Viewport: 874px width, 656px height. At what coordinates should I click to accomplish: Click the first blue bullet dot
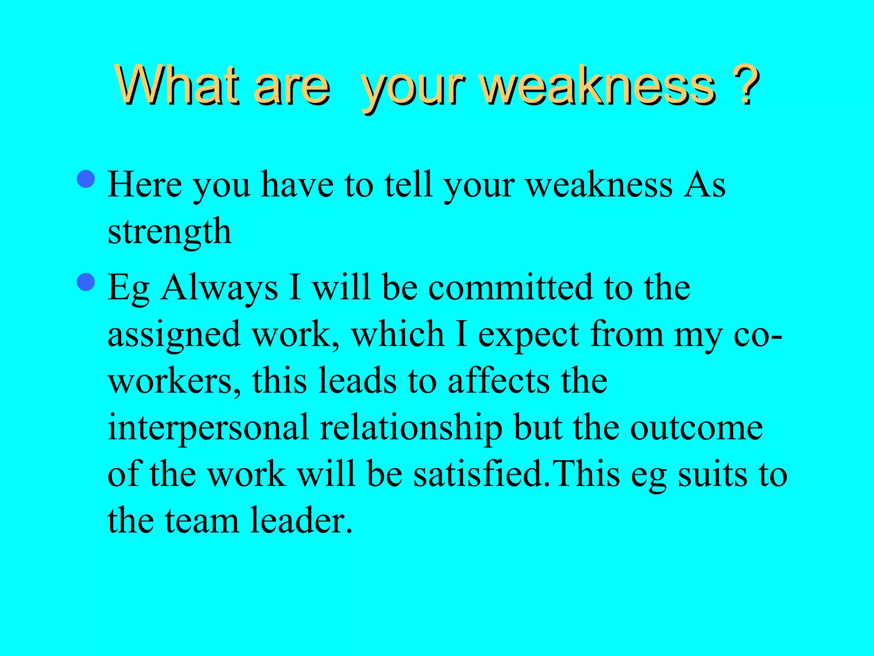tap(86, 179)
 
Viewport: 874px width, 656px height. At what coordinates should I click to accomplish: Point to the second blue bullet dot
tap(86, 282)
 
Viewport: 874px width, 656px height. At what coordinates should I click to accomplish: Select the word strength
tap(169, 232)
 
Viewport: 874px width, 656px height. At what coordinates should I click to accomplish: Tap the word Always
tap(220, 287)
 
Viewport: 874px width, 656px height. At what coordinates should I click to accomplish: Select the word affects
tap(499, 381)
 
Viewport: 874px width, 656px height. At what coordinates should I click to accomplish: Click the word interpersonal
tap(208, 428)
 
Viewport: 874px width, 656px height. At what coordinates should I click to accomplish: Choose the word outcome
tap(696, 428)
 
